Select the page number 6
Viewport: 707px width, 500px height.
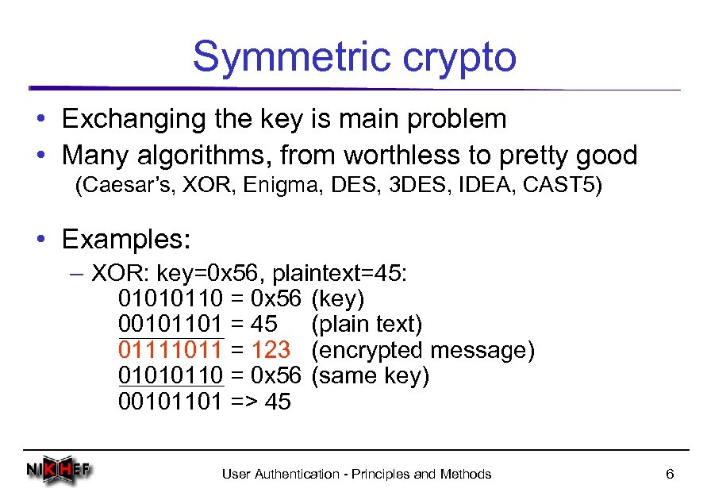click(670, 475)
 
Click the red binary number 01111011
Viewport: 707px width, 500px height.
click(171, 350)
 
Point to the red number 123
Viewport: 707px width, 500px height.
click(271, 350)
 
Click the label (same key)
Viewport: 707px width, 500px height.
click(371, 375)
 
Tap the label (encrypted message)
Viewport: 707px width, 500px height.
click(424, 350)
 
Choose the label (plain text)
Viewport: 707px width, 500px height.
click(367, 325)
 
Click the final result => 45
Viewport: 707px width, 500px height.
click(260, 402)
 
